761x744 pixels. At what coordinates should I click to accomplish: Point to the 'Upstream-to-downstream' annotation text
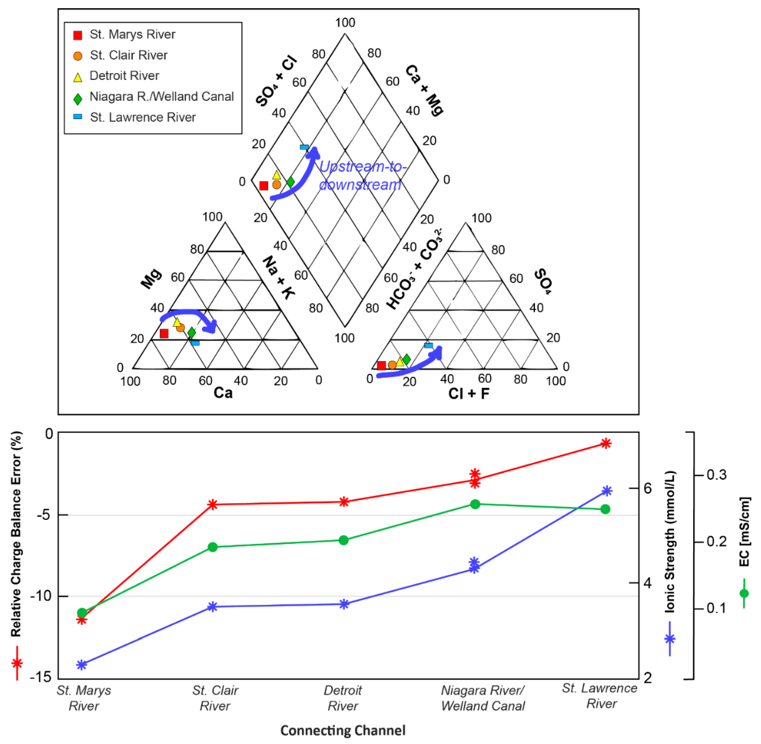[362, 176]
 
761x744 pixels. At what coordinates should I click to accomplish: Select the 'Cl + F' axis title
[469, 393]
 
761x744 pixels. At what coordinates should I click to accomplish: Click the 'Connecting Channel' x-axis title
[343, 730]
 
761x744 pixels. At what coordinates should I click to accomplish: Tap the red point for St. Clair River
[212, 504]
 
